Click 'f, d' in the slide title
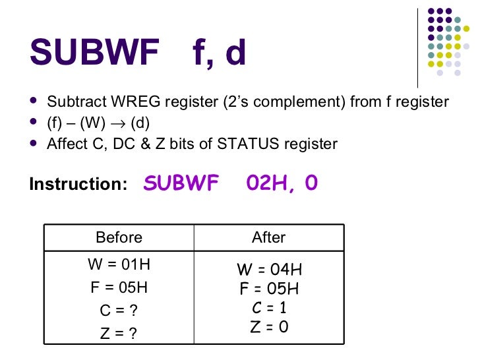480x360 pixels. [220, 53]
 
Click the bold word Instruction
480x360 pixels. [78, 185]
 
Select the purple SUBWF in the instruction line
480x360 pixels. [181, 183]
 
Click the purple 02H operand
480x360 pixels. [263, 183]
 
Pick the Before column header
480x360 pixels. [119, 237]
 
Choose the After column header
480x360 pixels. [268, 237]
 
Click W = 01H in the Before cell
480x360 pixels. [119, 265]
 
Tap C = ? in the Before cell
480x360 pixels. [119, 310]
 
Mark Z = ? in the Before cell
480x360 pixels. [119, 333]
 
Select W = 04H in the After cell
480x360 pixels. [269, 270]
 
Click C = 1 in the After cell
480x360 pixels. [269, 308]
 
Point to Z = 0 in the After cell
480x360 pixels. [269, 327]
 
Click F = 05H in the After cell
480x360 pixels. [269, 289]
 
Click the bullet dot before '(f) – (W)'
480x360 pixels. [34, 123]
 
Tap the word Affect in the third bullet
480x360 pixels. [66, 143]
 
